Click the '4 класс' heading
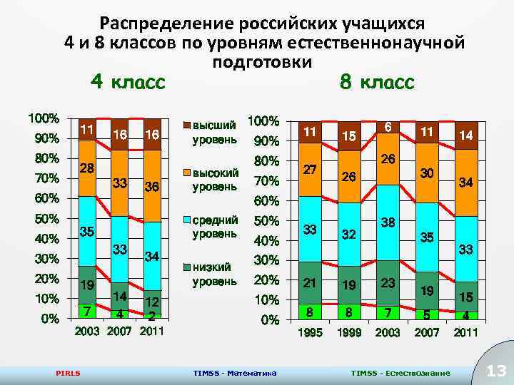[128, 82]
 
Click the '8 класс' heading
[376, 82]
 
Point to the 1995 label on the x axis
[311, 333]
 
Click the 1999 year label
[350, 333]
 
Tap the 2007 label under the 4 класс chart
[119, 331]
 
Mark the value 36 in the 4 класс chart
[151, 187]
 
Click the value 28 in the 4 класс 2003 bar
[87, 168]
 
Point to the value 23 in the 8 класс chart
[388, 282]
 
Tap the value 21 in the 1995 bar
[311, 283]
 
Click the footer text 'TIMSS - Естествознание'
[400, 373]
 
